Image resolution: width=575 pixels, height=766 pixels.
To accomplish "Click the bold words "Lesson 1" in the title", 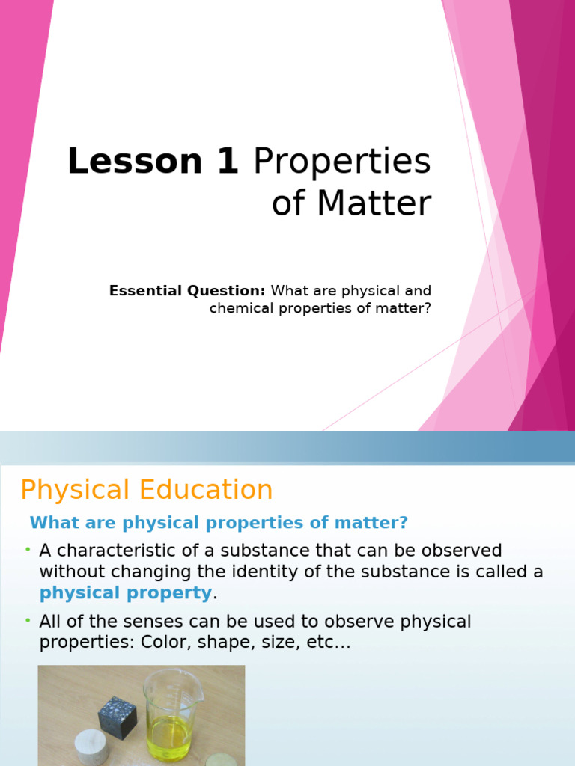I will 153,162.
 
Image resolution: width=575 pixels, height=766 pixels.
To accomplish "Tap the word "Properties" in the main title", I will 342,162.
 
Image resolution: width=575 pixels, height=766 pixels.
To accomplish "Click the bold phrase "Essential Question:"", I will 187,290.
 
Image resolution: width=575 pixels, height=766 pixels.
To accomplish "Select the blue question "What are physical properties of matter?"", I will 219,522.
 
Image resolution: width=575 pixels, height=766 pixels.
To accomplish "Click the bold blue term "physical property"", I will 126,593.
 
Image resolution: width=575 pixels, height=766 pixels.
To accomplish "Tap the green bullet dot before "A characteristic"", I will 28,550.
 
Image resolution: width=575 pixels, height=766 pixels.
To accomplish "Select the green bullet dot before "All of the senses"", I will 28,621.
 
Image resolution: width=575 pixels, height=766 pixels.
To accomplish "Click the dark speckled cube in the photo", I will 118,717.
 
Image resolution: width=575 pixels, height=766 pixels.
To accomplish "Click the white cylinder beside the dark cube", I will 91,747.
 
